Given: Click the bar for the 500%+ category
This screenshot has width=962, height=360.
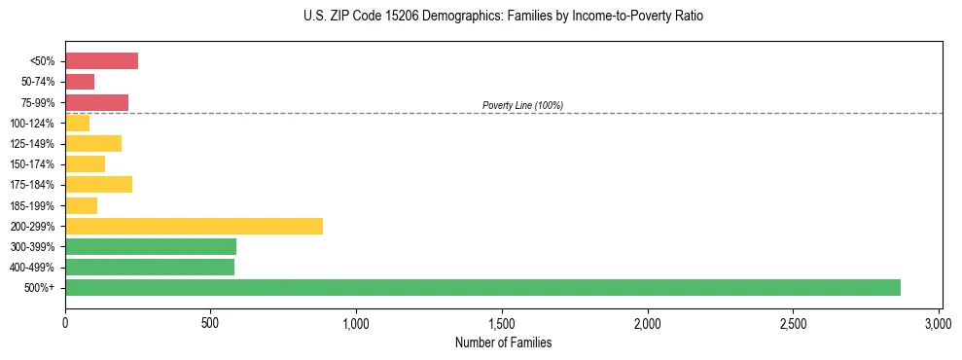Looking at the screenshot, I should (x=482, y=288).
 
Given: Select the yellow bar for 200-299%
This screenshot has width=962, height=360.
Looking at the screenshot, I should (x=194, y=226).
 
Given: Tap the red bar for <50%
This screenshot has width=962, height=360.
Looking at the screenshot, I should (x=101, y=61).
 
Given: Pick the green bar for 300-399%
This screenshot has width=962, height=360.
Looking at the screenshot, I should (x=151, y=246).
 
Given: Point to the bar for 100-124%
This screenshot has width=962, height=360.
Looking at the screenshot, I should (x=77, y=123).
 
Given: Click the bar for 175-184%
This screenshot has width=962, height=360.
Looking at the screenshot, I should (x=98, y=185).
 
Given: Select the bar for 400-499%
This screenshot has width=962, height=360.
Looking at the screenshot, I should (x=150, y=268).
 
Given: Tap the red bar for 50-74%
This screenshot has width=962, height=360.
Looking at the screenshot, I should (x=80, y=82).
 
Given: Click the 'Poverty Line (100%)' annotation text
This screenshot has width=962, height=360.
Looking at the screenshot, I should (x=522, y=105).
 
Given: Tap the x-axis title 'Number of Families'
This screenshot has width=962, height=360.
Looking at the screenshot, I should (x=503, y=342).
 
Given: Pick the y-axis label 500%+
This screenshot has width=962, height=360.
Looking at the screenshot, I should (x=41, y=288).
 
